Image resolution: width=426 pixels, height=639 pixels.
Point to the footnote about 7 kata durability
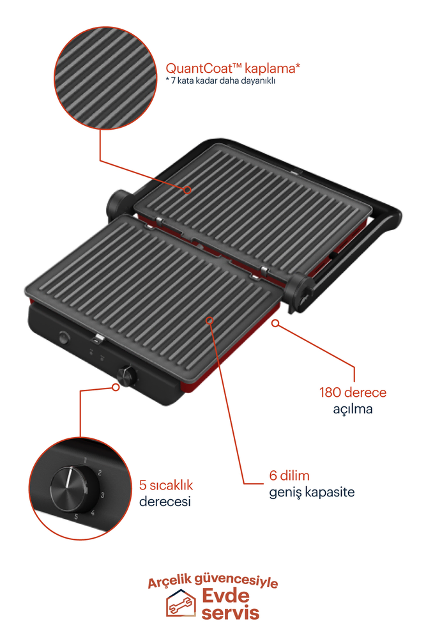(x=220, y=81)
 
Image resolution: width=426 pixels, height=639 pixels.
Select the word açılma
(x=353, y=408)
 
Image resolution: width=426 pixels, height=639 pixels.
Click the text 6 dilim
(x=289, y=476)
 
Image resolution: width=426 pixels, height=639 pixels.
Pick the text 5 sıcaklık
(x=165, y=485)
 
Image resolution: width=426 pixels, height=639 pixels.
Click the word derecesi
(x=165, y=502)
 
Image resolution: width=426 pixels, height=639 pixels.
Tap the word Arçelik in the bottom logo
(x=172, y=583)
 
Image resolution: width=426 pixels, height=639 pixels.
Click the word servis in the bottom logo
(x=231, y=613)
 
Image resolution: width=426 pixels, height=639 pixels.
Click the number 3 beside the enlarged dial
(x=102, y=495)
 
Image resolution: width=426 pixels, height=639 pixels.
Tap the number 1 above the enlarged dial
(x=85, y=460)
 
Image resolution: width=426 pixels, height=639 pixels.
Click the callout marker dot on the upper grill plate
(x=188, y=190)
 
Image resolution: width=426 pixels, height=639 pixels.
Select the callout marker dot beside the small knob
(x=116, y=386)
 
